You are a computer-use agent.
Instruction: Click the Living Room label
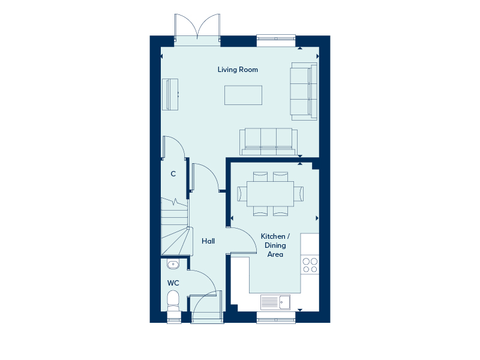click(238, 70)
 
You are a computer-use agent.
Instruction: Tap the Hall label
click(208, 241)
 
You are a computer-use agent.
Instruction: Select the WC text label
click(173, 283)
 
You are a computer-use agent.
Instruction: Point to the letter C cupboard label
click(173, 174)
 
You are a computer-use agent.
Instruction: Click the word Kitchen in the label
click(273, 236)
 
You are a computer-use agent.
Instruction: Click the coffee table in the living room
click(243, 95)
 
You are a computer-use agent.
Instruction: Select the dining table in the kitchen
click(271, 194)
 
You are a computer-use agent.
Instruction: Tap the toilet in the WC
click(173, 302)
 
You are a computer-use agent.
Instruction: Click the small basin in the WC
click(173, 264)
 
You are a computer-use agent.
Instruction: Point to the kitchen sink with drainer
click(275, 302)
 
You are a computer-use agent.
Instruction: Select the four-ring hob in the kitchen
click(310, 265)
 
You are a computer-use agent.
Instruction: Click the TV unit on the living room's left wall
click(170, 94)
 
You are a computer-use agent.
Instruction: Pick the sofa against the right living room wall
click(304, 91)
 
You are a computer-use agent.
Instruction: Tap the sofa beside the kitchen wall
click(268, 142)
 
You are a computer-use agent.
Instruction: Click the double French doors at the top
click(197, 29)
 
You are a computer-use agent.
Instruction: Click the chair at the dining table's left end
click(242, 194)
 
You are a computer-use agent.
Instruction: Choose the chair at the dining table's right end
click(299, 194)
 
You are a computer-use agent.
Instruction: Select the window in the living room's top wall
click(276, 40)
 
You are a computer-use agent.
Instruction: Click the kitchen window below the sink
click(276, 317)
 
